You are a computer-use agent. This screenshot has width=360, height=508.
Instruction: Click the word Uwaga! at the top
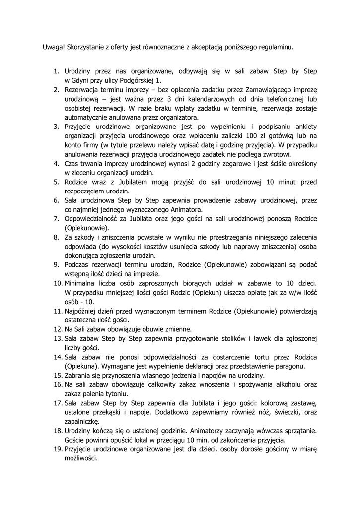pyautogui.click(x=54, y=48)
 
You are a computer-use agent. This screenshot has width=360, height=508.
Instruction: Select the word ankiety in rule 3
pyautogui.click(x=304, y=127)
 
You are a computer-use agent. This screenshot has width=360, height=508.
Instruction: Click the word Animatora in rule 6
pyautogui.click(x=158, y=209)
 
